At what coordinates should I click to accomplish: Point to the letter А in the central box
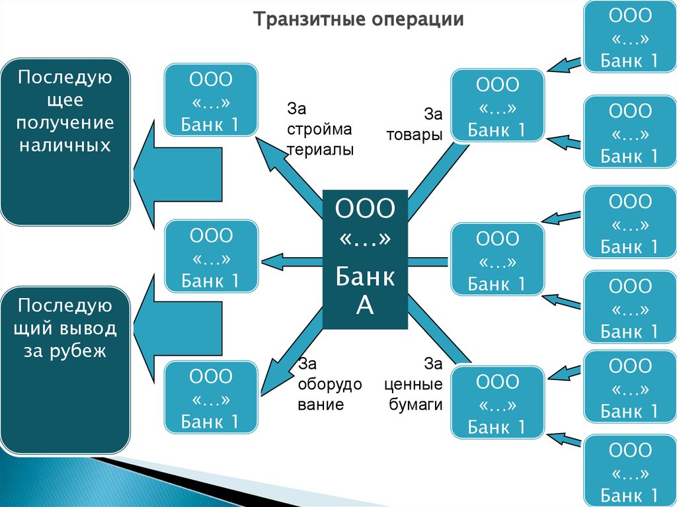click(365, 305)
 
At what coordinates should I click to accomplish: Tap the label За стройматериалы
click(320, 129)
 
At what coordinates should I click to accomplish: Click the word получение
click(65, 123)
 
